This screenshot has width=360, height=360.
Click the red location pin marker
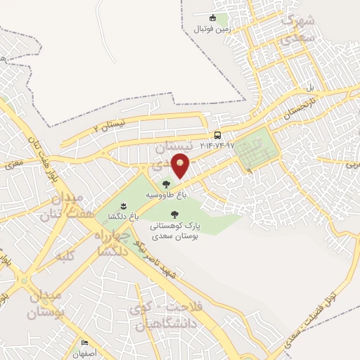181,165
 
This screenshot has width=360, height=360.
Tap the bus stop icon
217,135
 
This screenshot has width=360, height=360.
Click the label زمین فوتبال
213,28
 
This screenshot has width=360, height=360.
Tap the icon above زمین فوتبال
213,18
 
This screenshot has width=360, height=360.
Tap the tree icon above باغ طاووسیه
166,184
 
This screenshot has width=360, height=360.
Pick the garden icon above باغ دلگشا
123,205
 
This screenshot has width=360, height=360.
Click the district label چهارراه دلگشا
112,243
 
